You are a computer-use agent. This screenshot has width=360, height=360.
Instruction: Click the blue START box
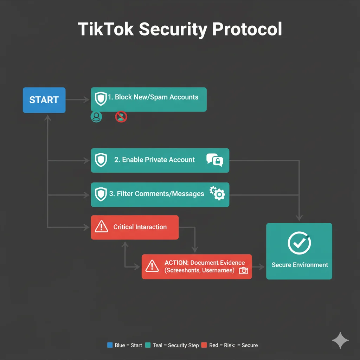(x=44, y=100)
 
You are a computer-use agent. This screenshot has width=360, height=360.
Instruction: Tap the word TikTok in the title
(x=105, y=29)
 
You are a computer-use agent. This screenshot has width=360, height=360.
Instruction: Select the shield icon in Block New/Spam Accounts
(x=101, y=99)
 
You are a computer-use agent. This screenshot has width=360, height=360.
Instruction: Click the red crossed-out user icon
(x=121, y=117)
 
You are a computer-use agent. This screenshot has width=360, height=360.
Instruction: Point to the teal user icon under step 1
(x=96, y=117)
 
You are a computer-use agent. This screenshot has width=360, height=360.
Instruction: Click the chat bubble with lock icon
(x=215, y=160)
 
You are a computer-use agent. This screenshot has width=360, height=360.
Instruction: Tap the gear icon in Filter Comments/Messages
(x=218, y=193)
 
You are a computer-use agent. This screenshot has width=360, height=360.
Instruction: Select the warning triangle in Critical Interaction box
(x=102, y=227)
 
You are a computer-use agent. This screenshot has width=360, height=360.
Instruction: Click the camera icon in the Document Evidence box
(x=243, y=270)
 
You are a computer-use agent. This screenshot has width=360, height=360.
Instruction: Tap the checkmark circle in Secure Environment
(x=299, y=243)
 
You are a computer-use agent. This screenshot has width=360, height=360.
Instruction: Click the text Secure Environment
(x=300, y=265)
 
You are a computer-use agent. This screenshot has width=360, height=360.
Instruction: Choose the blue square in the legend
(x=110, y=345)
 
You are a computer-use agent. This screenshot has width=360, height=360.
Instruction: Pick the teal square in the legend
(x=148, y=345)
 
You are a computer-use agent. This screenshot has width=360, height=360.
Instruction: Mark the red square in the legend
(x=204, y=345)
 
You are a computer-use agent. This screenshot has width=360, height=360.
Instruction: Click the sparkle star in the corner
(x=340, y=340)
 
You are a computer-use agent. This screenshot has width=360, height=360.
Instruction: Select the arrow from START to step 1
(x=78, y=100)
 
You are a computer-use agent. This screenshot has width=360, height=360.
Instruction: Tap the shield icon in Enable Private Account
(x=101, y=160)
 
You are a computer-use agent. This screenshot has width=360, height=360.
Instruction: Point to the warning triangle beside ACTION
(x=152, y=266)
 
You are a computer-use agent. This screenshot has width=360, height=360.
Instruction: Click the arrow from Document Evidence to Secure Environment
(x=259, y=267)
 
